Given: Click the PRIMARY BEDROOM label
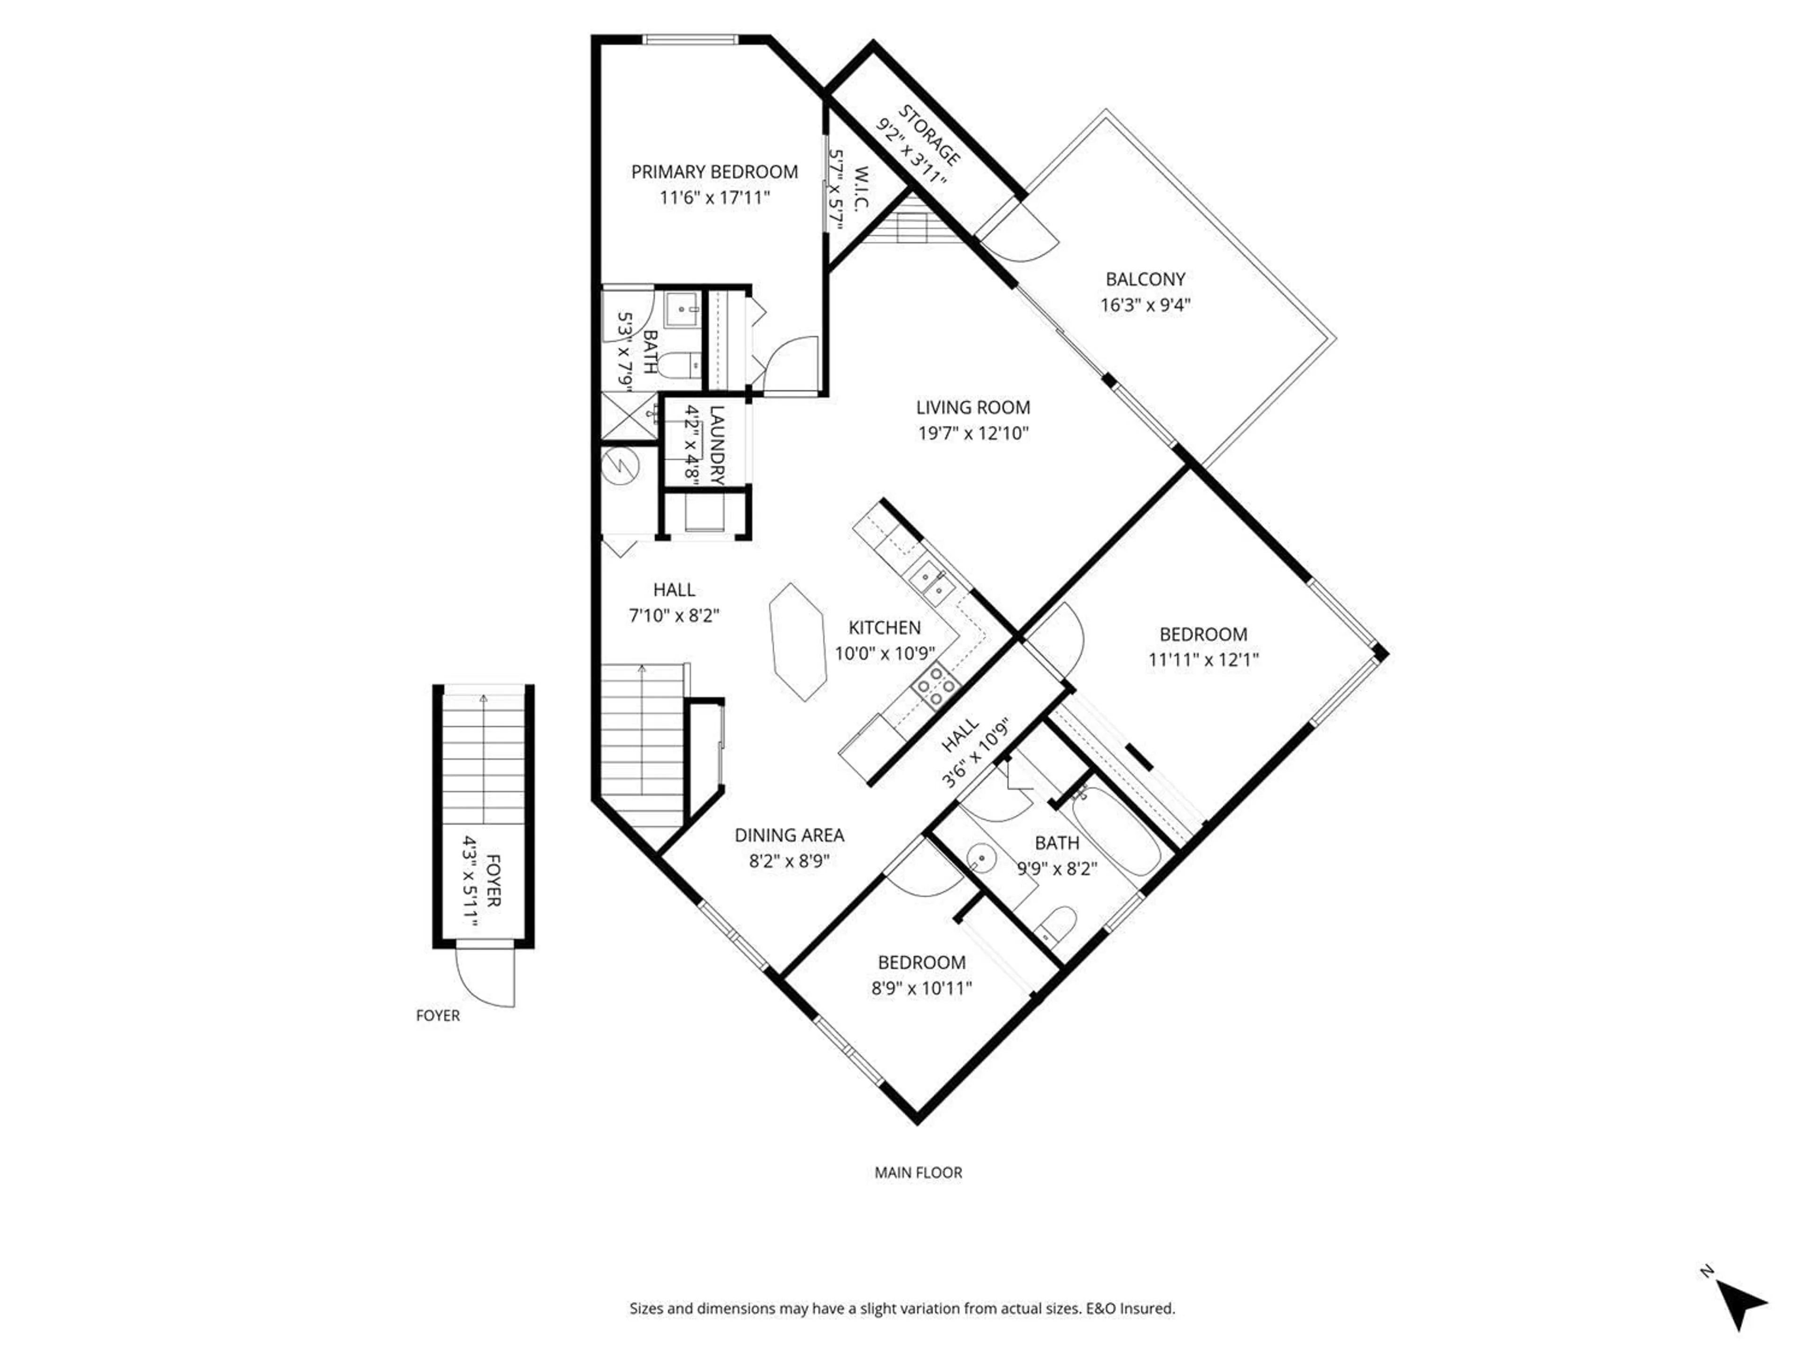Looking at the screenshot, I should click(x=714, y=172).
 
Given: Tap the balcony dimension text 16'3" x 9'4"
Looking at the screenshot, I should click(x=1145, y=305).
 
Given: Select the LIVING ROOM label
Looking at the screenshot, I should click(x=973, y=407).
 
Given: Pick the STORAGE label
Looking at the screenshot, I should click(x=929, y=134).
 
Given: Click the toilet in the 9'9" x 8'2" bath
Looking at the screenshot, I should click(x=1057, y=923).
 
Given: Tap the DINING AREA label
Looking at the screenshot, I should click(x=789, y=835).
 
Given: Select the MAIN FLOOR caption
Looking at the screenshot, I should click(x=918, y=1173).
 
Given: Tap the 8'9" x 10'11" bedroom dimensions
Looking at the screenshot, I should click(x=921, y=988).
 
